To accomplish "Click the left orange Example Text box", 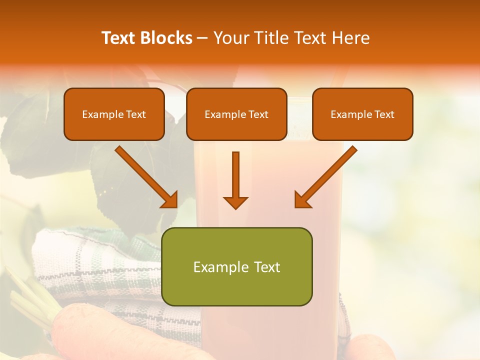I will coord(114,114).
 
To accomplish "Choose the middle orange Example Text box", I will coord(236,114).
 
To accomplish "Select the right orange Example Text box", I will coord(362,114).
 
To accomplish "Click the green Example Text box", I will coord(236,266).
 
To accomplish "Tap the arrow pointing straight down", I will coord(235,180).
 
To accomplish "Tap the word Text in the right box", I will coord(384,114).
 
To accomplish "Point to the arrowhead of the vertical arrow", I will coord(235,202).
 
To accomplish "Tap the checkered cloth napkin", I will coord(100,270).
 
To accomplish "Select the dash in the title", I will coord(202,38).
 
